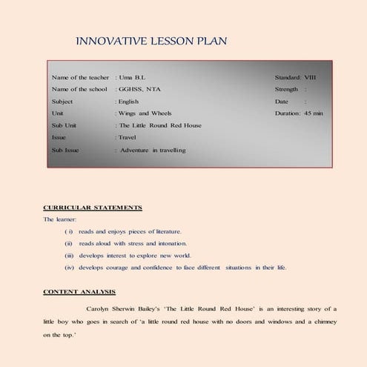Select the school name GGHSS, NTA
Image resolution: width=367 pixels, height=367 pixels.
pyautogui.click(x=139, y=89)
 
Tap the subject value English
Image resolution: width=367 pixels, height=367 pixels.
pyautogui.click(x=128, y=101)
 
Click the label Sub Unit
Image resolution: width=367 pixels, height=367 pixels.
pyautogui.click(x=64, y=125)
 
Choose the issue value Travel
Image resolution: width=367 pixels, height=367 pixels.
pyautogui.click(x=128, y=137)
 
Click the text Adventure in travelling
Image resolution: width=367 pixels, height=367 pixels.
pyautogui.click(x=153, y=150)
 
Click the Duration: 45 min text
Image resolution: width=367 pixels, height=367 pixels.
pyautogui.click(x=299, y=113)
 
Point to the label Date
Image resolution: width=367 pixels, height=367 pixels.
pyautogui.click(x=281, y=101)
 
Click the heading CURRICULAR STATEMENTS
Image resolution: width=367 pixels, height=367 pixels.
pyautogui.click(x=93, y=208)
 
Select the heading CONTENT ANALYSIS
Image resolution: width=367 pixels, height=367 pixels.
pyautogui.click(x=79, y=291)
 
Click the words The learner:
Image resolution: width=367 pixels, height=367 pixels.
pyautogui.click(x=59, y=219)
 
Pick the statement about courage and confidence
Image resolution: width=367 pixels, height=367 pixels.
pyautogui.click(x=182, y=267)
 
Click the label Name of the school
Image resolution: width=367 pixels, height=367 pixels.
pyautogui.click(x=79, y=89)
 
